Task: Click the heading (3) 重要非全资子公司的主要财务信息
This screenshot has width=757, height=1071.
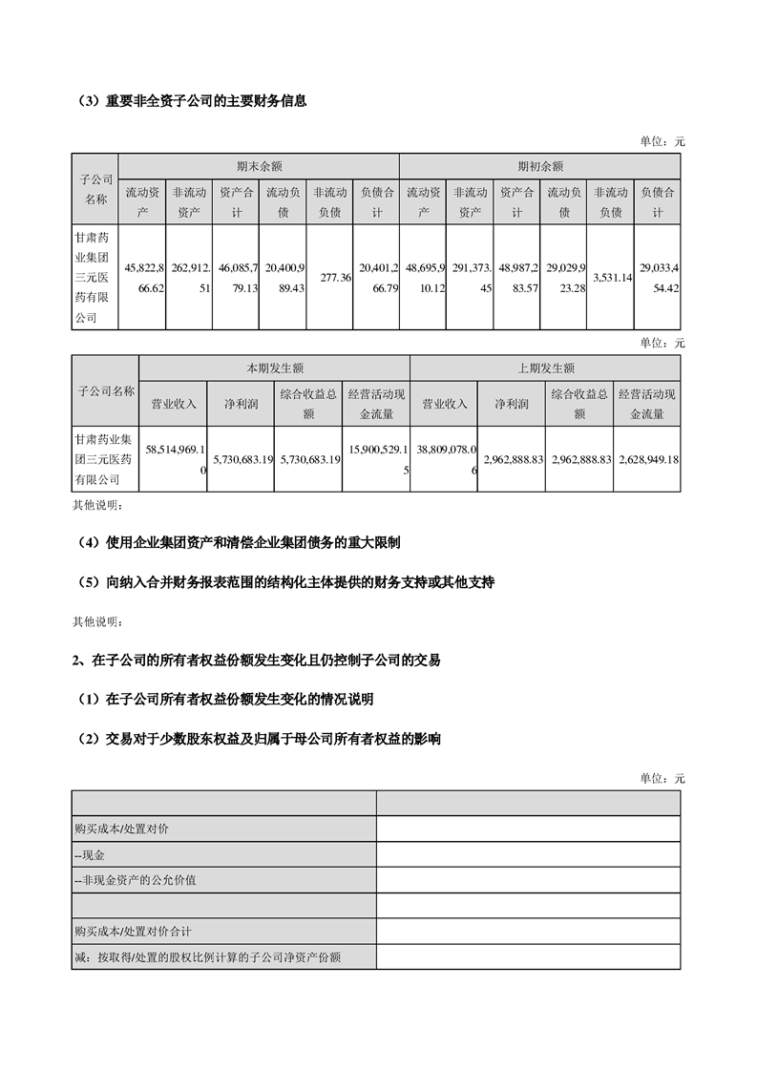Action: point(192,100)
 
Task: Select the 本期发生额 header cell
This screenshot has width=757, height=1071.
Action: point(275,367)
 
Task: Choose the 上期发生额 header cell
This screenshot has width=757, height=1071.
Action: point(546,367)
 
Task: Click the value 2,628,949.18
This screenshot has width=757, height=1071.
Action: point(647,459)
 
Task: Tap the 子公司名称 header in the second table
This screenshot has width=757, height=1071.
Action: point(106,390)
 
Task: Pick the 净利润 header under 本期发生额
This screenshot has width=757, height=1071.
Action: point(241,404)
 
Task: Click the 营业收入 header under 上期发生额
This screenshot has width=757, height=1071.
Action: point(444,404)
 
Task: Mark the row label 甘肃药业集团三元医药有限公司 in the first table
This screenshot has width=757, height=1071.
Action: point(95,277)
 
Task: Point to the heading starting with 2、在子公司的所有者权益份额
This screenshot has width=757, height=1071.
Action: point(257,660)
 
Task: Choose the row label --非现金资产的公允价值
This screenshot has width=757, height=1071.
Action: point(135,880)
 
